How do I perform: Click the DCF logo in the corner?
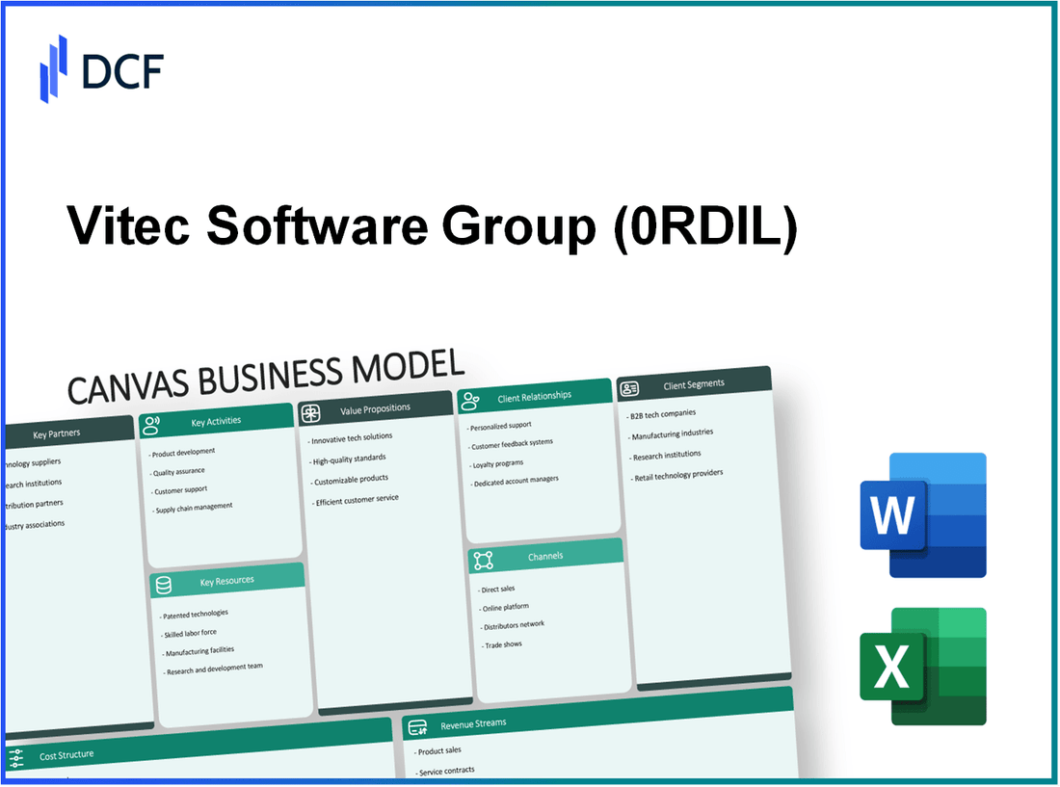click(101, 69)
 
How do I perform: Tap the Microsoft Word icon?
click(922, 515)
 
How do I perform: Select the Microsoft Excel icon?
click(922, 666)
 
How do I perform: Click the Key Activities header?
click(216, 421)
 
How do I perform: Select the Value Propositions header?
click(375, 409)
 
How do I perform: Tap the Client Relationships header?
click(534, 396)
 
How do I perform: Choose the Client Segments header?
click(694, 384)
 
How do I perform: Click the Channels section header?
click(545, 556)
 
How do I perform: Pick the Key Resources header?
click(227, 580)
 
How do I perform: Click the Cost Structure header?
click(66, 756)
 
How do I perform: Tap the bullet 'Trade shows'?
click(501, 643)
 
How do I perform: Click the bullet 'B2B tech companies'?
click(664, 413)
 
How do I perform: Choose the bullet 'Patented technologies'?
click(197, 614)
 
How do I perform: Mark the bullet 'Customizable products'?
click(350, 480)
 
